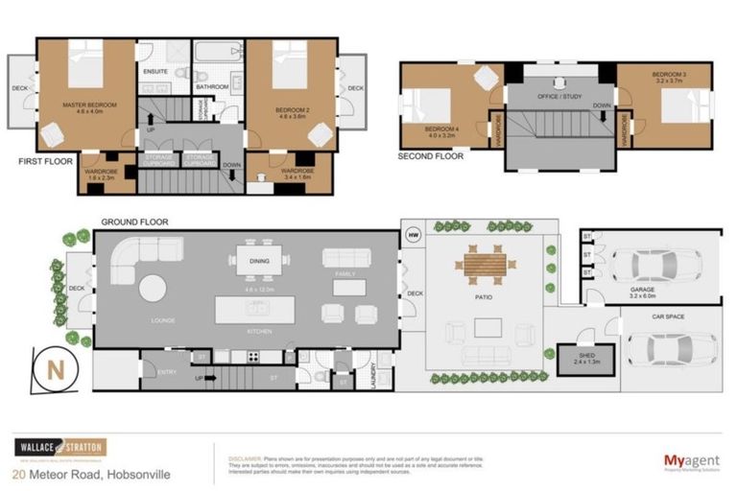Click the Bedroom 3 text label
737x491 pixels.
tap(666, 74)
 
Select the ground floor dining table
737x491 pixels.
tap(260, 258)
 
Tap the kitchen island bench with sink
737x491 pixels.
tap(256, 309)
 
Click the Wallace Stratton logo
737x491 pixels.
tap(58, 448)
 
